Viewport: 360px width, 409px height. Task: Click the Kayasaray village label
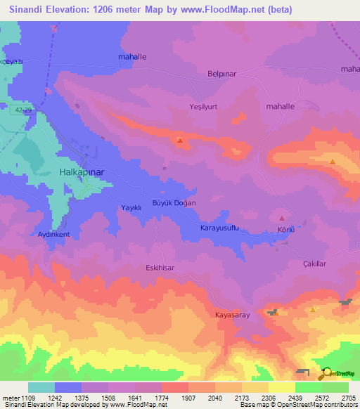(232, 316)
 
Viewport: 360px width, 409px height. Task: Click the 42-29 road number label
(23, 110)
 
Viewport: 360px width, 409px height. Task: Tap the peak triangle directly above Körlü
(283, 219)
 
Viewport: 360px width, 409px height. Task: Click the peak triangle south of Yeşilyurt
(181, 141)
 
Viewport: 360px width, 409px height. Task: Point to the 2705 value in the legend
(349, 397)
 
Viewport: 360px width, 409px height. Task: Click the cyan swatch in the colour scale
(41, 387)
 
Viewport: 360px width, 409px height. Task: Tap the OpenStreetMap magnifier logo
(326, 374)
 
